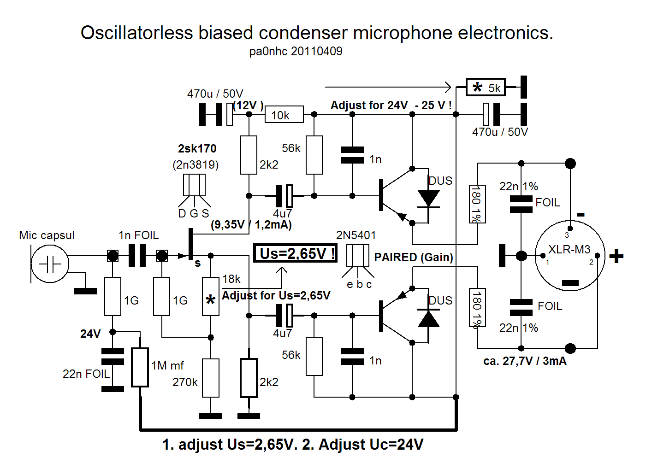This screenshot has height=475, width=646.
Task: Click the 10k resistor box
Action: coord(284,114)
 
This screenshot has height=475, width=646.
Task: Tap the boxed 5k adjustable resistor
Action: coord(486,87)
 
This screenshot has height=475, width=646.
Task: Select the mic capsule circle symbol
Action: coord(50,264)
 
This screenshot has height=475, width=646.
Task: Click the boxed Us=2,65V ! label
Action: coord(295,253)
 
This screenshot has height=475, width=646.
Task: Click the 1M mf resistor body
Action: coord(140,367)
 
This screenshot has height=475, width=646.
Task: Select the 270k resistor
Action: coord(211,378)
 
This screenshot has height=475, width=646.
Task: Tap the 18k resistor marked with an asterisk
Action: coord(211,296)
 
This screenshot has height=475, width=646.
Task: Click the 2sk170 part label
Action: coord(197,148)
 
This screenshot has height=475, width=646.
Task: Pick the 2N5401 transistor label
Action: coord(356,235)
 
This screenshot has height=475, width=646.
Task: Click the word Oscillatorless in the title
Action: coord(136,32)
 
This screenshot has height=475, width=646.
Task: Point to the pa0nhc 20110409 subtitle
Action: coord(296,51)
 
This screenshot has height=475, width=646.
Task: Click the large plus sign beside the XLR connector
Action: coord(616,256)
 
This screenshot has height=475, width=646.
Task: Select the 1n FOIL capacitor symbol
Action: coord(137,255)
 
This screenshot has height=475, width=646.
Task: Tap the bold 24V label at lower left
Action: coord(90,334)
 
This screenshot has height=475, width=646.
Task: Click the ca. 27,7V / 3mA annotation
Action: coord(525,361)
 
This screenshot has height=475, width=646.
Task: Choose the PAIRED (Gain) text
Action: coord(414,257)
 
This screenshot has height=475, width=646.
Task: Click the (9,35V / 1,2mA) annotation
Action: coord(251,224)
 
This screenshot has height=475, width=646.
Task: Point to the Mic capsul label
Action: coord(47,235)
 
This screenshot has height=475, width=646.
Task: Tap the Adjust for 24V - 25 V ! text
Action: coord(391,105)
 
